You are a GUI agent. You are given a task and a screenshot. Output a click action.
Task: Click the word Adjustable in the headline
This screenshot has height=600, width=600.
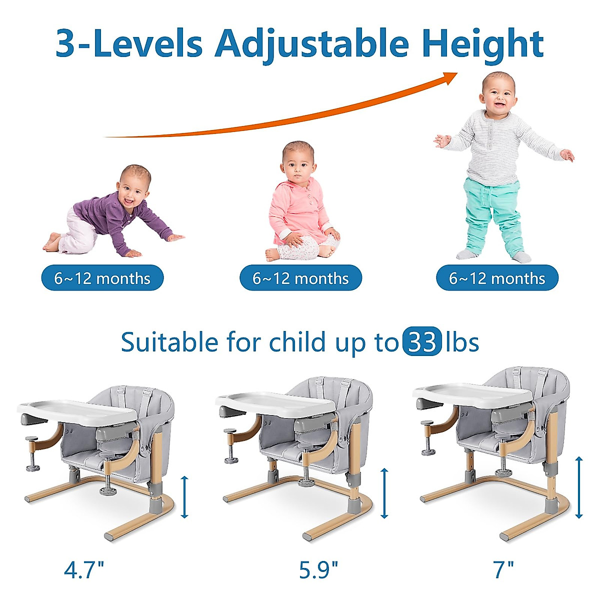311,44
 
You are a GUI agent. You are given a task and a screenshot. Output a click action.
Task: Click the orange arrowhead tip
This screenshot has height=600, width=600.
457,73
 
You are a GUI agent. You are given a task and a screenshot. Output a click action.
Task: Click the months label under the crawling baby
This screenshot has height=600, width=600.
102,277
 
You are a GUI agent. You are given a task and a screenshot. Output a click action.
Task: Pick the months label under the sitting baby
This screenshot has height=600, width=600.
300,277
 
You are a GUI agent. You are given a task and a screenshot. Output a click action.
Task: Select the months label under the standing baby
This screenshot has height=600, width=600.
497,277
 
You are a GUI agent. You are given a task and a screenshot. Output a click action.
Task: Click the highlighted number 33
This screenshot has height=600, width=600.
422,342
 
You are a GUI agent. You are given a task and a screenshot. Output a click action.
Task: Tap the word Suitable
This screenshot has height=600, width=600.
169,342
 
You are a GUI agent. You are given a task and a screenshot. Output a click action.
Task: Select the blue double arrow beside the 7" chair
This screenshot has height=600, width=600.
579,487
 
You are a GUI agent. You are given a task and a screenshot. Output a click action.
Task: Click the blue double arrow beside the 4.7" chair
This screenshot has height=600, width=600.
184,497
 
